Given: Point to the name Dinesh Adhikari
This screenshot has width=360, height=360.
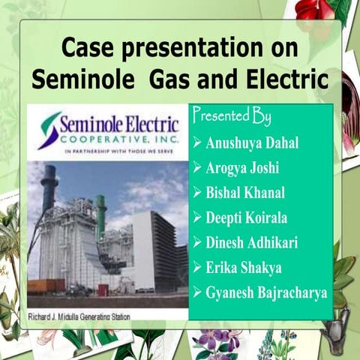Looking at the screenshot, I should pos(253,242).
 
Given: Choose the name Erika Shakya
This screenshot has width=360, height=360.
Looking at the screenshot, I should pos(242,267).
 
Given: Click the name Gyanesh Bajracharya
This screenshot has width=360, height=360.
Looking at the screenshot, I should pos(266,292).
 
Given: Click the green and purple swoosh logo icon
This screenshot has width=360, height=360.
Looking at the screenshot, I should pos(49,129).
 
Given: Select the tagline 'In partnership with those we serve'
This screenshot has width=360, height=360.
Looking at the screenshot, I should pos(109,150).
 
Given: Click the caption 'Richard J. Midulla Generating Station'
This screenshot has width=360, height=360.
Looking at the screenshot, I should pos(79,316).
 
